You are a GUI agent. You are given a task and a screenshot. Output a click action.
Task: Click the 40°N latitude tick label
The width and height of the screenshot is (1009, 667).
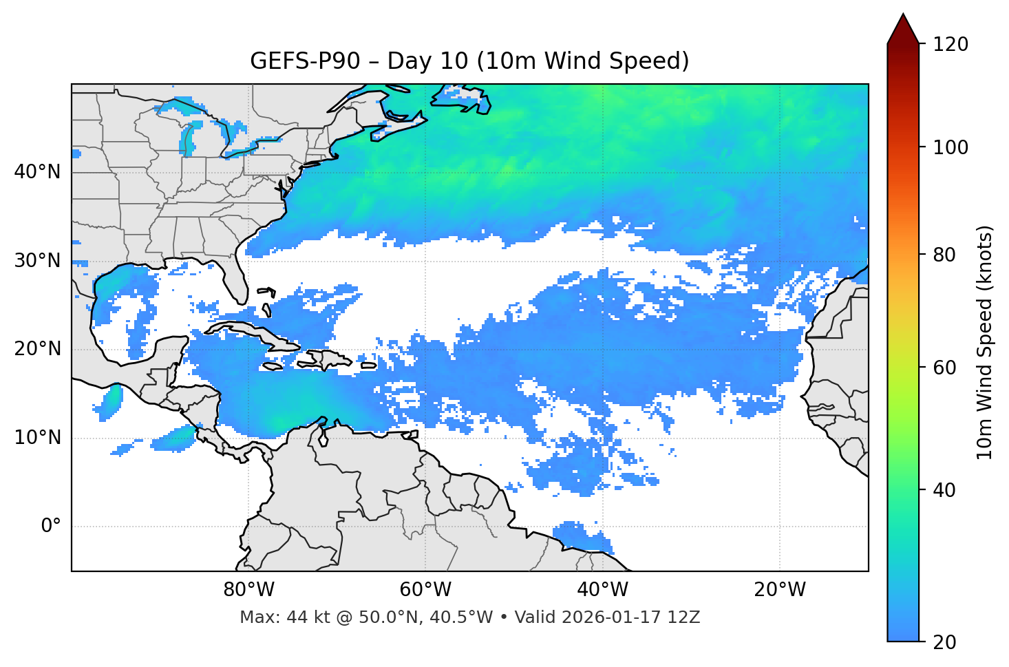click(38, 172)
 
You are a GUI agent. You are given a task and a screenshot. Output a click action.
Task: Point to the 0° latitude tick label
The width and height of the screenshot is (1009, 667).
click(51, 527)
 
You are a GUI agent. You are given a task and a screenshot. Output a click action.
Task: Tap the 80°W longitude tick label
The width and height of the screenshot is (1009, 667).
click(248, 590)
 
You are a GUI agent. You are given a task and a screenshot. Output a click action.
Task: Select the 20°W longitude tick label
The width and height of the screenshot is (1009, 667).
click(780, 590)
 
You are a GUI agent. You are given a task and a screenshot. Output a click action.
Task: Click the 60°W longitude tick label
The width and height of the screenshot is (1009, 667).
click(425, 590)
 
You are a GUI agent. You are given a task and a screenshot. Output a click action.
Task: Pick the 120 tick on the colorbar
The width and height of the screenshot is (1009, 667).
click(950, 44)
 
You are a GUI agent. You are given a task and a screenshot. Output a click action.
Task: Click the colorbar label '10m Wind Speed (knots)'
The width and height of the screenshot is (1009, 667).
click(986, 342)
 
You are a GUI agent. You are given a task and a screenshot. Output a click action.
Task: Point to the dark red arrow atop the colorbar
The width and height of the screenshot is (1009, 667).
click(903, 29)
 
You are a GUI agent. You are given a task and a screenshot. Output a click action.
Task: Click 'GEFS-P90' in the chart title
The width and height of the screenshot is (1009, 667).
click(304, 61)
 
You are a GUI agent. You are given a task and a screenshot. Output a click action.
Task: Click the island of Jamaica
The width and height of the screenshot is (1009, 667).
click(273, 366)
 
